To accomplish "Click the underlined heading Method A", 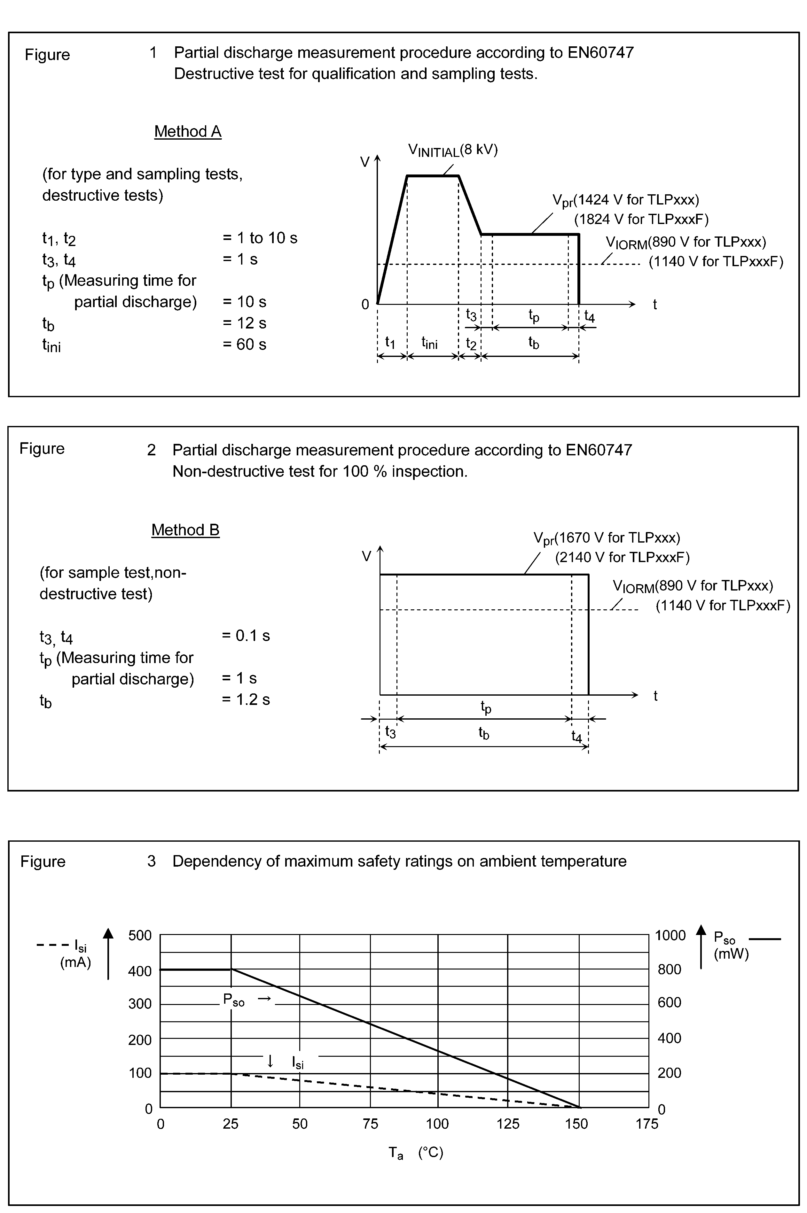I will click(x=188, y=132).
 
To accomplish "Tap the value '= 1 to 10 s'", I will click(x=260, y=238).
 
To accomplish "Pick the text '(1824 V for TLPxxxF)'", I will click(x=641, y=220).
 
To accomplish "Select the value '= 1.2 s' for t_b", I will click(x=246, y=699).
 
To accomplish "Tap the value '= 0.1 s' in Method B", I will click(x=246, y=636).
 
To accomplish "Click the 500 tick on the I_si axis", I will click(x=140, y=935).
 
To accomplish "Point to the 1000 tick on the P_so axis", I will click(x=670, y=935).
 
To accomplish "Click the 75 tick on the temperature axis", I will click(x=370, y=1124).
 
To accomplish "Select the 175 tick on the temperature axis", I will click(x=646, y=1124).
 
